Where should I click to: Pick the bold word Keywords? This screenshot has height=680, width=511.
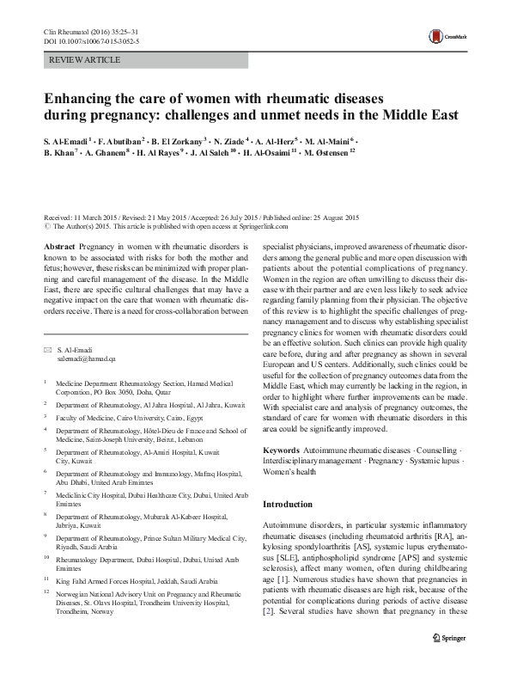tap(281, 450)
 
